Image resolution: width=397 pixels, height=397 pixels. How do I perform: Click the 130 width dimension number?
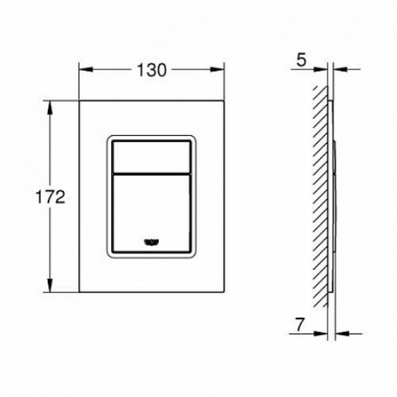click(152, 71)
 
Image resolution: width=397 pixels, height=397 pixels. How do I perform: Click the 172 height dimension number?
click(50, 197)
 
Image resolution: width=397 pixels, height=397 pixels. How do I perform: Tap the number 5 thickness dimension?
click(301, 60)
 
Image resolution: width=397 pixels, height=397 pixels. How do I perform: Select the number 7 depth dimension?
click(299, 325)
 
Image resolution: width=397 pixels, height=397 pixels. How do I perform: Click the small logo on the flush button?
click(152, 241)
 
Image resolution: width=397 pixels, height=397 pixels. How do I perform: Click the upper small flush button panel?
click(152, 157)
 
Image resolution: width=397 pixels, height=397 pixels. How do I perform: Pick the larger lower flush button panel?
click(152, 213)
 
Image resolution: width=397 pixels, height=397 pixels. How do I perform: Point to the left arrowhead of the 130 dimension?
click(87, 70)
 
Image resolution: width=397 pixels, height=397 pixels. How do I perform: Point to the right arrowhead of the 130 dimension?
click(217, 70)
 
